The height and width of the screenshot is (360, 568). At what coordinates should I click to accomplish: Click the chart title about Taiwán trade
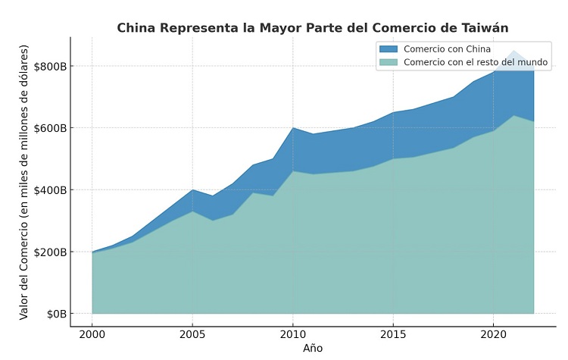(312, 28)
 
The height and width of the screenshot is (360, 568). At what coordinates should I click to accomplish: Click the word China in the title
(134, 28)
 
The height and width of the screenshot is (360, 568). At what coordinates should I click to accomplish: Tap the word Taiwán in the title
(485, 28)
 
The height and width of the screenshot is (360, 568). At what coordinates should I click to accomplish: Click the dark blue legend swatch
(388, 49)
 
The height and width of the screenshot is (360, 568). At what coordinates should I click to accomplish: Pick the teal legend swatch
(388, 63)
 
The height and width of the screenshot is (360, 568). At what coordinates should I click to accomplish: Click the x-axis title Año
(313, 349)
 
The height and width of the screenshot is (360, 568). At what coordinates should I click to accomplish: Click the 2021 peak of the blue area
(514, 53)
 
